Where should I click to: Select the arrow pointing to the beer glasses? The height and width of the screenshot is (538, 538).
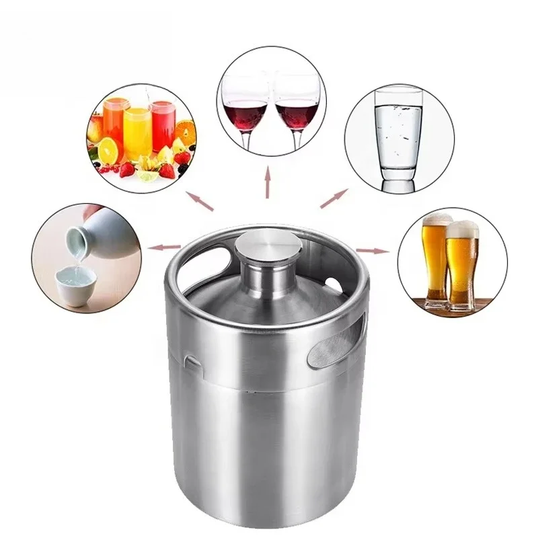373,250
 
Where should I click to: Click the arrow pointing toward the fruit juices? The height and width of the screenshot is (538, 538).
200,200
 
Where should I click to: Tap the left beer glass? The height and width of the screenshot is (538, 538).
435,259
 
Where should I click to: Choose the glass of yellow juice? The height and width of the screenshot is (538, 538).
138,131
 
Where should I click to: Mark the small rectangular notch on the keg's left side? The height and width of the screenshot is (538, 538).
192,364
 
